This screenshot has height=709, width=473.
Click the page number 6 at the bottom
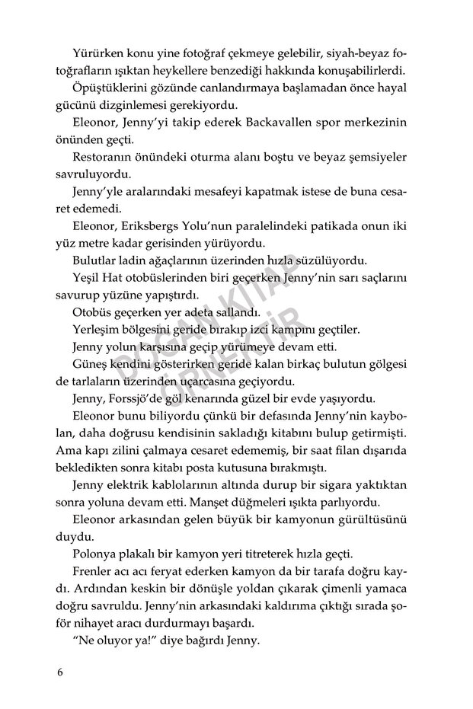(61, 672)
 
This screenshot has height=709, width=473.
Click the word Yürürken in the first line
(97, 53)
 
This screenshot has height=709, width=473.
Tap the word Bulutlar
(97, 259)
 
